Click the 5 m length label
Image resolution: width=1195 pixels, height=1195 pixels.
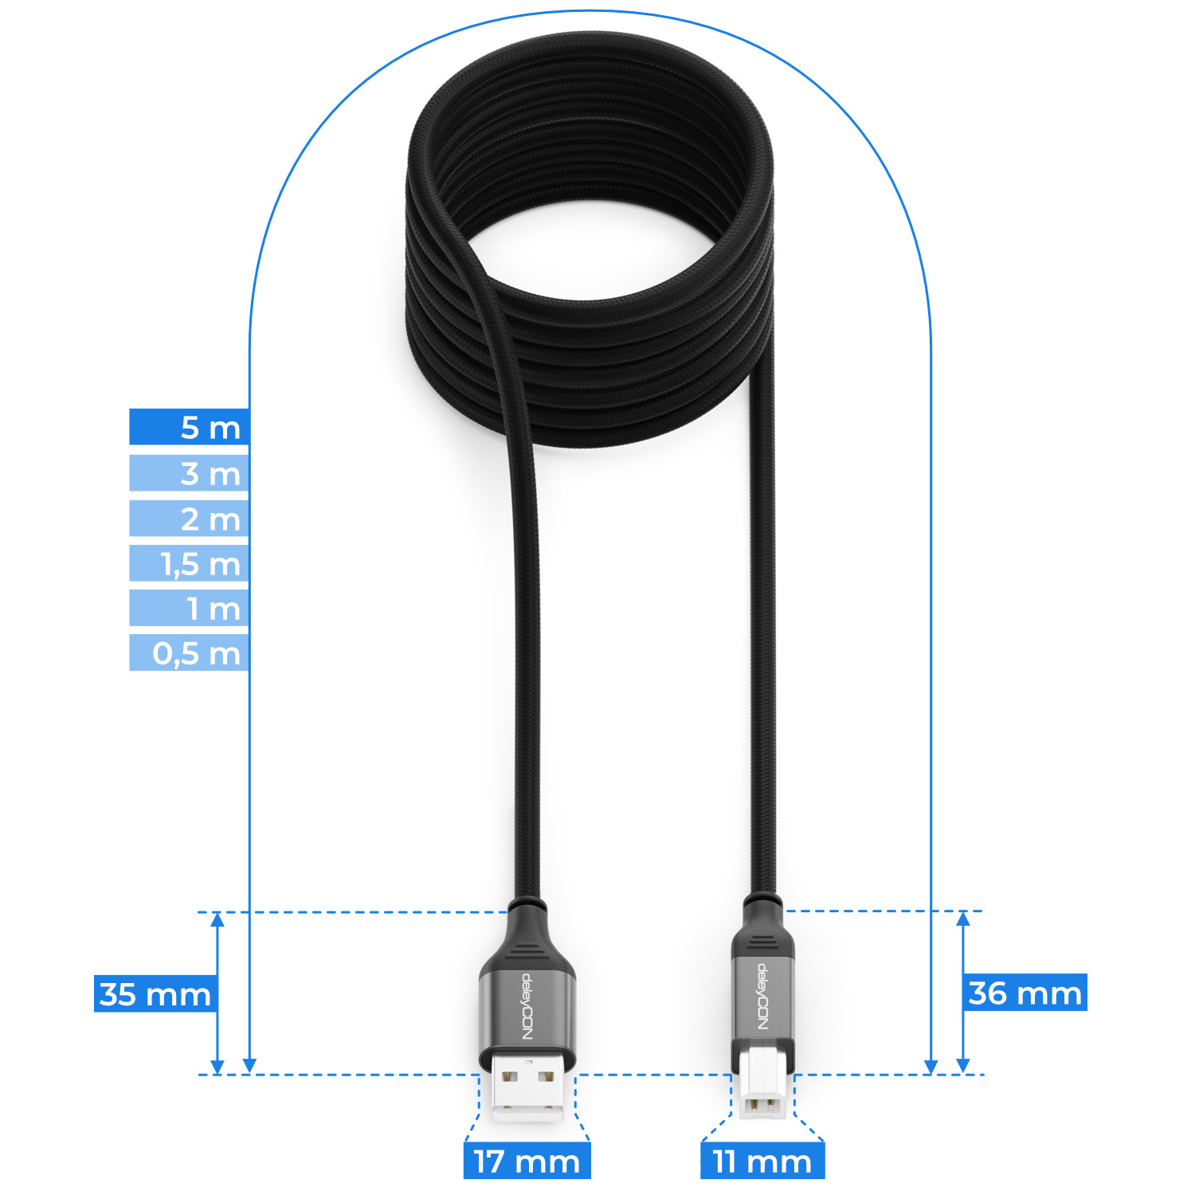190,427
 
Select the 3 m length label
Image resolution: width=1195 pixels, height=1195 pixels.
190,473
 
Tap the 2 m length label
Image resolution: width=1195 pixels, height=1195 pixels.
190,519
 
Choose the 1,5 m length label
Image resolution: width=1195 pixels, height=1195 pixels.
190,563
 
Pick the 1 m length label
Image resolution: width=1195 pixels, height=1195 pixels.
190,608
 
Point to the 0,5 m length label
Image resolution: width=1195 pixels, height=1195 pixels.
190,652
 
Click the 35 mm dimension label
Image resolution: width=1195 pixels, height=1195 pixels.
155,993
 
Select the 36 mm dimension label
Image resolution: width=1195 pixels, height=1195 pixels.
1025,992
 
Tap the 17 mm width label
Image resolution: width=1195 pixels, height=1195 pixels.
527,1160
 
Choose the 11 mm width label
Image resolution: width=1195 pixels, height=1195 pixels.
762,1160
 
